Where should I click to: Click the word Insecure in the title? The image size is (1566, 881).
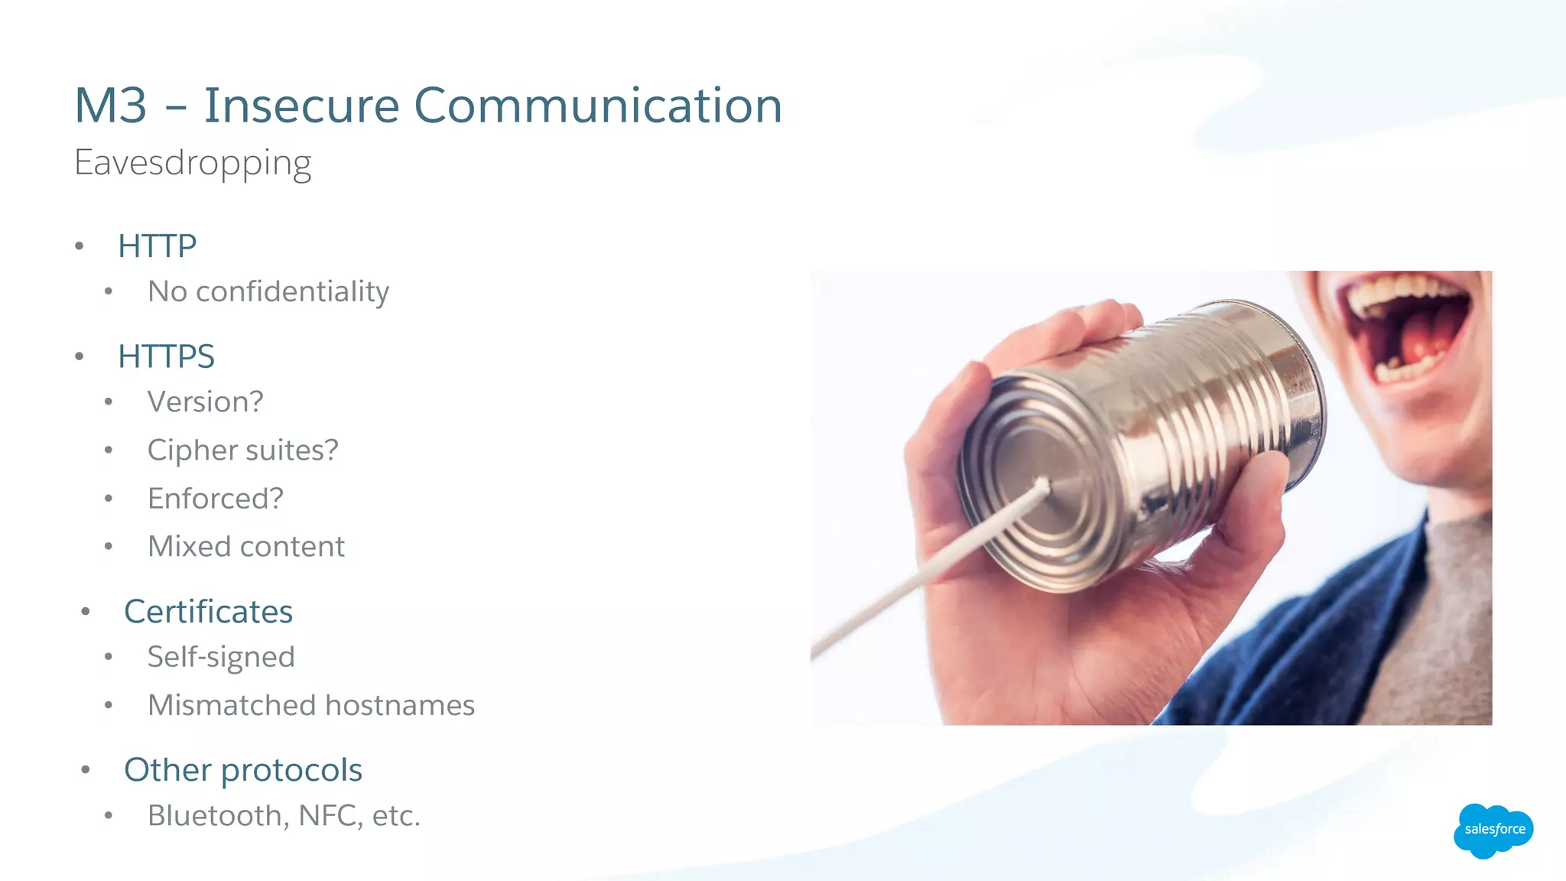(x=301, y=106)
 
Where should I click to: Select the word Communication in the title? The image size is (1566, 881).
(x=598, y=106)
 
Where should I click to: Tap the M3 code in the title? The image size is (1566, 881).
(x=111, y=106)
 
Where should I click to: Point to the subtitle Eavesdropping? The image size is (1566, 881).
(x=193, y=163)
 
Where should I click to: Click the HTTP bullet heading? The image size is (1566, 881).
(x=158, y=246)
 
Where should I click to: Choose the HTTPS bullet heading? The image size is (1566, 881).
(x=166, y=356)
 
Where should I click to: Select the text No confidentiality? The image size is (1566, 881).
(x=268, y=291)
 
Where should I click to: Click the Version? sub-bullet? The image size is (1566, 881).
(x=205, y=401)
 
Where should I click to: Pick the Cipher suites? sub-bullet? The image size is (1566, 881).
(x=242, y=450)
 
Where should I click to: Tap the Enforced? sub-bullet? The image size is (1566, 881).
(x=215, y=499)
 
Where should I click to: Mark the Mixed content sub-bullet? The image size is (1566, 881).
(x=245, y=547)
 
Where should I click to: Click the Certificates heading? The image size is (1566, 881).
(x=208, y=612)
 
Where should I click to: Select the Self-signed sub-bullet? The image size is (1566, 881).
(x=221, y=657)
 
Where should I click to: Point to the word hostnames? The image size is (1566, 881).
(x=400, y=705)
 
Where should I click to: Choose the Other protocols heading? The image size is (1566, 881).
(x=243, y=770)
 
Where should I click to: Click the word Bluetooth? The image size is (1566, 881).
(x=214, y=816)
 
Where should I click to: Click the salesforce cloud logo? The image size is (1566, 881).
(x=1493, y=830)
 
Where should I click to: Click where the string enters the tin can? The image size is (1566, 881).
(x=1043, y=483)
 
